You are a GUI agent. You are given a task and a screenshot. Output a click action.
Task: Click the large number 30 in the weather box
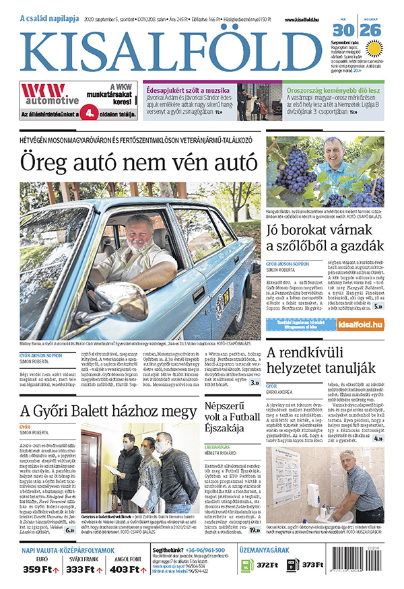(x=343, y=31)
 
